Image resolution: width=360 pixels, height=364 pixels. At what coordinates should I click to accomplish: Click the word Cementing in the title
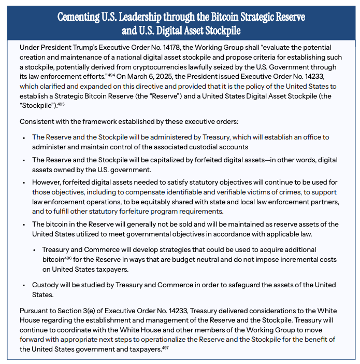coord(80,17)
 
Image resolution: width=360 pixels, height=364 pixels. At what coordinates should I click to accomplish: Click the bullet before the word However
coord(24,183)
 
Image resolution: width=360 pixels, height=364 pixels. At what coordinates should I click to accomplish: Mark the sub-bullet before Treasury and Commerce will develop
coord(34,249)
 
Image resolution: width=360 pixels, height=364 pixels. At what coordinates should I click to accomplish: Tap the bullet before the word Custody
coord(24,286)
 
